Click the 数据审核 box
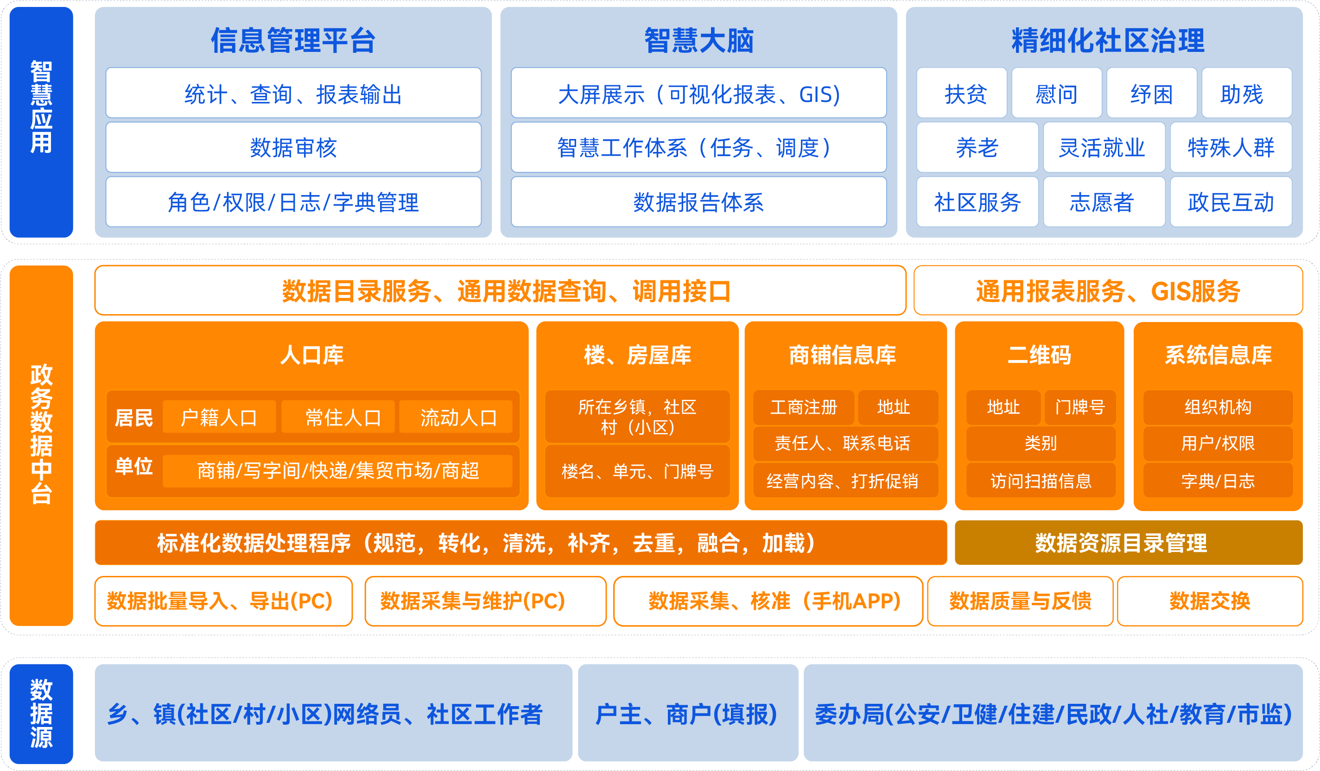[293, 147]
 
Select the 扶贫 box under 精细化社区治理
[962, 93]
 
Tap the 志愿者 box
[1104, 202]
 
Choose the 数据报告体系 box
[699, 202]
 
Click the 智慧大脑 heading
[699, 40]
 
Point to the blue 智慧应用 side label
[41, 122]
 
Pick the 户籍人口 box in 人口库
[219, 417]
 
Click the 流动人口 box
[456, 417]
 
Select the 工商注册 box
[804, 407]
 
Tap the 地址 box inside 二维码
[1003, 407]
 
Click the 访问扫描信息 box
[1041, 480]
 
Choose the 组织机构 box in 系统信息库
[1218, 407]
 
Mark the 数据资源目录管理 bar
[1129, 542]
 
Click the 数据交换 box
[1210, 601]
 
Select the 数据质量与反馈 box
[1021, 601]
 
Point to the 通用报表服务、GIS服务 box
[1108, 290]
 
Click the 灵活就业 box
[1104, 147]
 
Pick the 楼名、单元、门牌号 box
[637, 471]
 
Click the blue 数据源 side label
[41, 714]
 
